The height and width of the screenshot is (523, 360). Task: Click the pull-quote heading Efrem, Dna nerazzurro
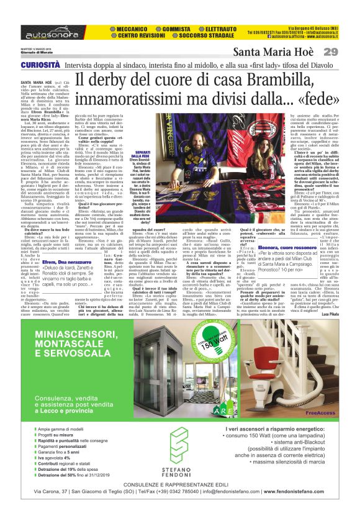(x=67, y=281)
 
